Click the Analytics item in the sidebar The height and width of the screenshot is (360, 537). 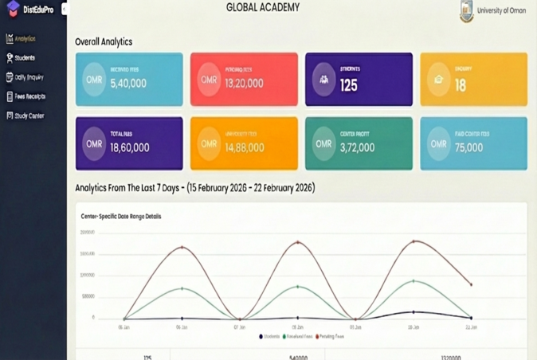point(25,39)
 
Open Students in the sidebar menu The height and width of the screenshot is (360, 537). point(25,58)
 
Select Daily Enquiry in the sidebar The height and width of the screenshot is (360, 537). point(29,77)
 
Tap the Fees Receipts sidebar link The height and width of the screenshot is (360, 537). point(29,96)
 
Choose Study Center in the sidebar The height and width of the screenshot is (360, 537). point(29,115)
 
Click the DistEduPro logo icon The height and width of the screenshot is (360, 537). point(13,9)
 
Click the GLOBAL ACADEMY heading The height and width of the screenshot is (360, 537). point(263,8)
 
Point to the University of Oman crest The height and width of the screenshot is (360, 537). point(466,11)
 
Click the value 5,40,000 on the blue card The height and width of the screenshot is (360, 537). point(128,84)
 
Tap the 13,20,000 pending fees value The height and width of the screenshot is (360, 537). point(244,84)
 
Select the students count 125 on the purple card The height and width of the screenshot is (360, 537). point(349,85)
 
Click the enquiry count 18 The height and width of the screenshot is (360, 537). point(461,85)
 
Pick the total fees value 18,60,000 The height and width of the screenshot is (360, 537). point(129,148)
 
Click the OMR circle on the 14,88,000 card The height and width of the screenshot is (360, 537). point(209,144)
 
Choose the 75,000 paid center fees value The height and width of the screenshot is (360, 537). point(468,148)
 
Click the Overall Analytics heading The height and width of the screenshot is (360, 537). point(104,41)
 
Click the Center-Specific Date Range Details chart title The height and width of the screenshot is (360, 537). point(121,217)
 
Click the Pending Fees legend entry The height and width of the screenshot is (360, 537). point(331,337)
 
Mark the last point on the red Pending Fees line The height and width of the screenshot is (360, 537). point(472,284)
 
